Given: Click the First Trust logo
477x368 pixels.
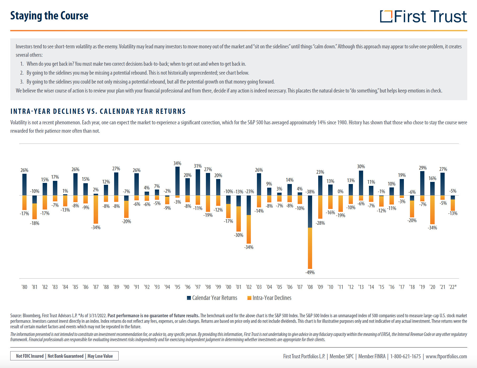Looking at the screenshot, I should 423,17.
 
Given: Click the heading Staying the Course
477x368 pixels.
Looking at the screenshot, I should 49,16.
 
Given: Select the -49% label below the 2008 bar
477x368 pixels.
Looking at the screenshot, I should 310,273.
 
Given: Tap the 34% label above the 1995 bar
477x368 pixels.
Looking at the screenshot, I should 177,163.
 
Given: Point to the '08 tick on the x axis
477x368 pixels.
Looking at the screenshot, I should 310,287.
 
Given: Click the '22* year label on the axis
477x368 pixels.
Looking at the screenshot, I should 453,287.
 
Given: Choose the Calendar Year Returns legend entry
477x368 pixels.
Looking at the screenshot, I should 212,298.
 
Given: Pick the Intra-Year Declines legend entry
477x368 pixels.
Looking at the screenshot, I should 269,298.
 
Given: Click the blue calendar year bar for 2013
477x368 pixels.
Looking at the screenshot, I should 361,183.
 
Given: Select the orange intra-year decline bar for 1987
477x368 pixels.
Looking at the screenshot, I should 96,209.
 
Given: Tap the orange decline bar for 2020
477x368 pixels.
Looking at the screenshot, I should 432,210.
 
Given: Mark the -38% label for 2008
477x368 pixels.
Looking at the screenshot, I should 310,192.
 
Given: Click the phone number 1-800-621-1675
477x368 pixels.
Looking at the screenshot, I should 405,356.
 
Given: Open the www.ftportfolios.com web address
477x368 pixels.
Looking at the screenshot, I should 446,356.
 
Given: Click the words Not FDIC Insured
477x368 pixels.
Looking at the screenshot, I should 30,356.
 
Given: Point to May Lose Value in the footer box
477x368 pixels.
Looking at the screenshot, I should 100,356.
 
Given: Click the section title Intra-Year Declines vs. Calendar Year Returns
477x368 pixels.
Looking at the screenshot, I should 98,111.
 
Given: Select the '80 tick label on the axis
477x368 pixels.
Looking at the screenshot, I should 24,287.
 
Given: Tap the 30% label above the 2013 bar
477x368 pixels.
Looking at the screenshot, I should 361,167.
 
